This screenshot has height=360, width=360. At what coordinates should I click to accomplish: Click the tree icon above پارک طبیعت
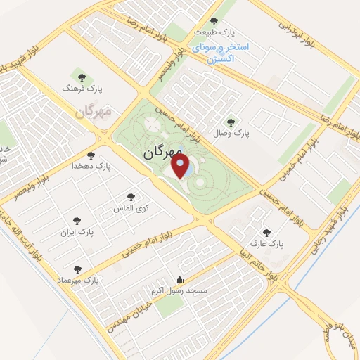[x=214, y=20]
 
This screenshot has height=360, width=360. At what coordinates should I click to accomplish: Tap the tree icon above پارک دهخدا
[x=90, y=155]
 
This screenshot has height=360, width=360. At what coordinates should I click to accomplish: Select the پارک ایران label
[x=76, y=231]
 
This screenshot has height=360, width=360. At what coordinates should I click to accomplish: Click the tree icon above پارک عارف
[x=266, y=231]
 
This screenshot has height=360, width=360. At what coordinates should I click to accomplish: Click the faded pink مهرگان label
[x=96, y=112]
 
